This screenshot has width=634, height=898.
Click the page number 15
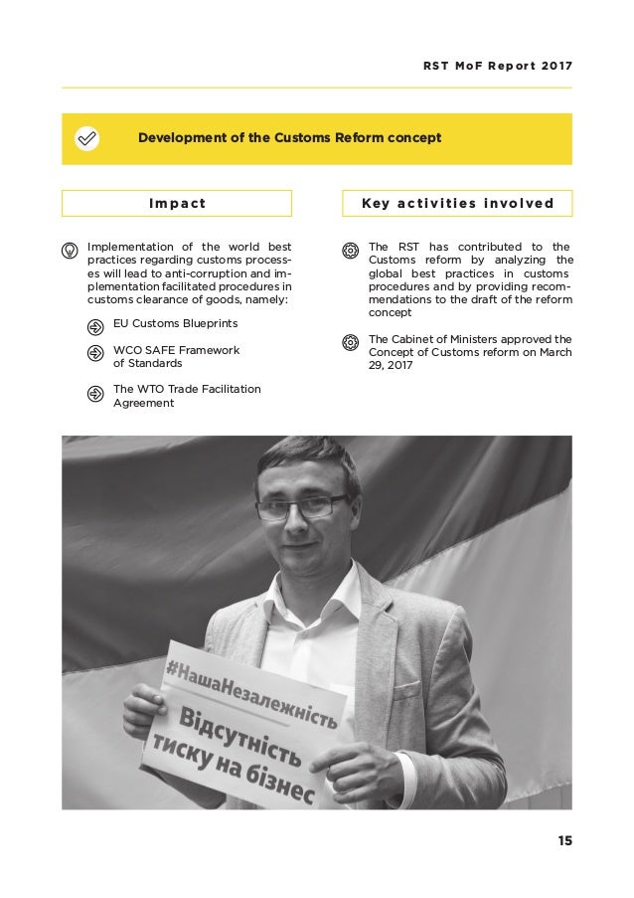click(564, 841)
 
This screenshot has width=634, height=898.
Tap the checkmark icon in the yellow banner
click(87, 138)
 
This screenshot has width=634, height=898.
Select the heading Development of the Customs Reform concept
click(289, 138)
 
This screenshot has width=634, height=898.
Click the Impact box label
click(177, 204)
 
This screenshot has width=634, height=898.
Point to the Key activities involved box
click(457, 204)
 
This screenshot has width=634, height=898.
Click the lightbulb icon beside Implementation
click(71, 248)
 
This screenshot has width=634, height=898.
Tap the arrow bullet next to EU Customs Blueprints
click(95, 325)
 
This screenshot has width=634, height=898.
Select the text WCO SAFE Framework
click(177, 350)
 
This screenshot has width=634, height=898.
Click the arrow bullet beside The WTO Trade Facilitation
click(95, 394)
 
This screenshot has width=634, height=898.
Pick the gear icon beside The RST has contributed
click(350, 248)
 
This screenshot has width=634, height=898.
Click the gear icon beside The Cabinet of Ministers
click(350, 343)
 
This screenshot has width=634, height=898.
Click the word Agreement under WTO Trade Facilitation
click(143, 404)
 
